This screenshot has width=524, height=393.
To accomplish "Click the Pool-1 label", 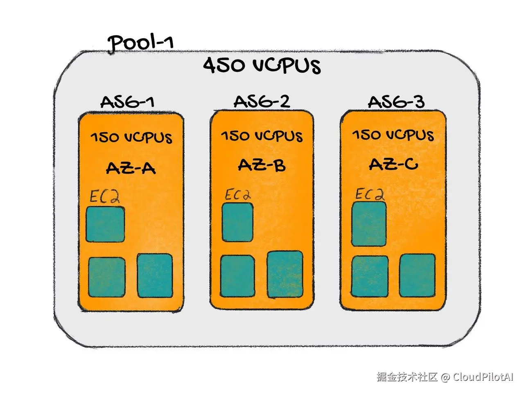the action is pos(140,42).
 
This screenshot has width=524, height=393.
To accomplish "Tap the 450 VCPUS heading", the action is pos(262,66).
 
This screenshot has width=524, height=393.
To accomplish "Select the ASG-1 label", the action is pos(127,102).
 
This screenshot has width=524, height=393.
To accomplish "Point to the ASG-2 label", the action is pos(262,101).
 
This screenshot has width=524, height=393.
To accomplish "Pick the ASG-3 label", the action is pos(396,102).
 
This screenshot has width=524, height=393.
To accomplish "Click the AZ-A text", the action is pos(131,168).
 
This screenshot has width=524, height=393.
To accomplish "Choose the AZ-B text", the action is pos(262,165).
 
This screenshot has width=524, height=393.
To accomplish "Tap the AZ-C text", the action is pos(393,164).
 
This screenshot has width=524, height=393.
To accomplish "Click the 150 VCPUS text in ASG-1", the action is pos(131,138).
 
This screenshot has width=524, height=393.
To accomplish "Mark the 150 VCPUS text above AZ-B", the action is pos(262,136).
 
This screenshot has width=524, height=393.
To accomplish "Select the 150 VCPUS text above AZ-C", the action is pos(393,135).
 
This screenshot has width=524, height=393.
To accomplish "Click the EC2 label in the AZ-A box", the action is pos(105,197).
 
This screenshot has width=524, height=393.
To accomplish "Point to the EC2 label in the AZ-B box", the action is pos(237,195).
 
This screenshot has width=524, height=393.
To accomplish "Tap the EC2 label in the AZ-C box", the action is pos(370,194).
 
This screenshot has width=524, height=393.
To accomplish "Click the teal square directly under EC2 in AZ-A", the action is pos(105,224).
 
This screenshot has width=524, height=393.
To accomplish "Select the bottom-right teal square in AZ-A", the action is pos(154,276).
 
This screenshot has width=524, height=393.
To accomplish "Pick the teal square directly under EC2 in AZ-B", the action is pos(237,222).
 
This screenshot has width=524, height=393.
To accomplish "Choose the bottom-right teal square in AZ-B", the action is pos(285,275).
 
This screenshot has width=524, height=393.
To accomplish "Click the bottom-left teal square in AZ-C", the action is pos(370,276).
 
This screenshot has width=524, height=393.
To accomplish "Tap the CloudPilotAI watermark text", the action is pos(483,377).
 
